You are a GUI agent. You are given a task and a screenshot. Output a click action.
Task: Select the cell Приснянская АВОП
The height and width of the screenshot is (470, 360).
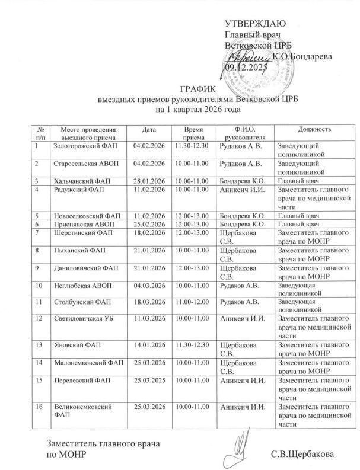[x=79, y=225]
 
